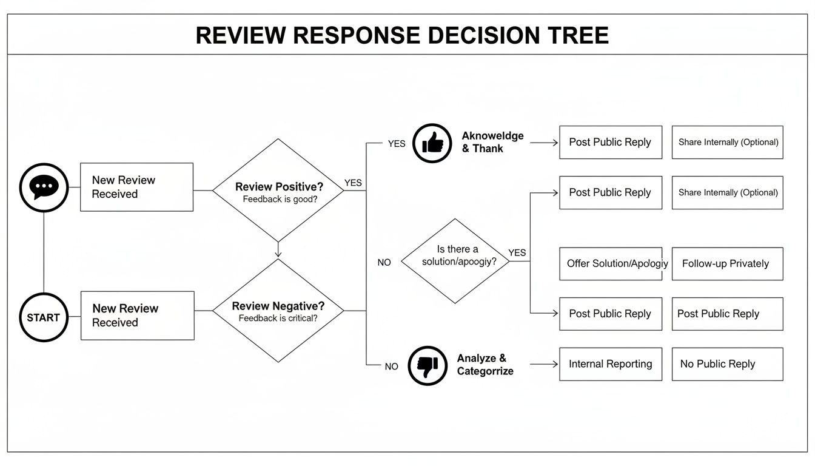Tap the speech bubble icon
coord(44,187)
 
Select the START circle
coord(44,317)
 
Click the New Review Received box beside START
coord(137,316)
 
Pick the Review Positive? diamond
coord(278,190)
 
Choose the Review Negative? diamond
coord(278,311)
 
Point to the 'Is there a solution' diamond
coord(455,261)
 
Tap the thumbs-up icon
coord(432,143)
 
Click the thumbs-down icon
coord(428,366)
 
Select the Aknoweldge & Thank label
coord(492,142)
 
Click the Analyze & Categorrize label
coord(485,365)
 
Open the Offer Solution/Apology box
coord(610,264)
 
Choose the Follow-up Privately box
coord(726,264)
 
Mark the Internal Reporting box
coord(610,364)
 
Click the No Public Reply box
coord(726,364)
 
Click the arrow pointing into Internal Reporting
coord(544,364)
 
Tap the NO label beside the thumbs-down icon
coord(391,366)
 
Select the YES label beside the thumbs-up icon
coord(397,144)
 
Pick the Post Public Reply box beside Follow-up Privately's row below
coord(726,314)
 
